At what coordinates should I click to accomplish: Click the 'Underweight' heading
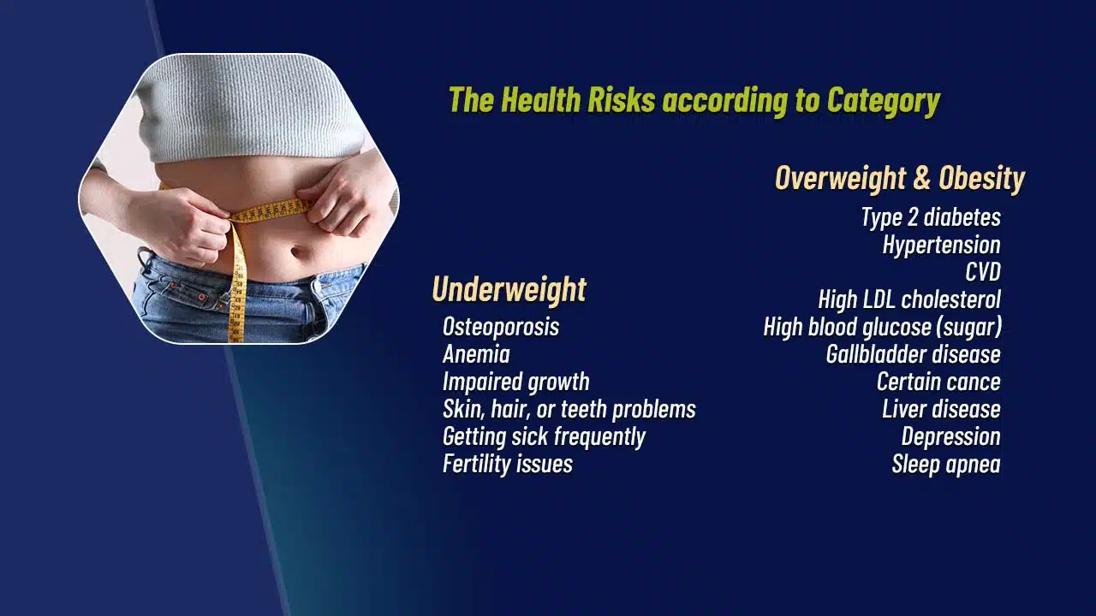pos(509,289)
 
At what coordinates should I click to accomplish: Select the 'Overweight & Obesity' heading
pos(899,178)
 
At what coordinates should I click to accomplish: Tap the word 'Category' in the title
pos(883,100)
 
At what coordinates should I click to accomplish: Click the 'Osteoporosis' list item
pos(501,327)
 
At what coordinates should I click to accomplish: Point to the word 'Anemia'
pos(476,354)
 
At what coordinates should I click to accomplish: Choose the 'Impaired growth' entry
pos(515,382)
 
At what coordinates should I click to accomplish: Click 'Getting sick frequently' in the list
pos(544,436)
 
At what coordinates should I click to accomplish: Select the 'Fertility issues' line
pos(508,464)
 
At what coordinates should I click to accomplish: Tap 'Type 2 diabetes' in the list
pos(931,217)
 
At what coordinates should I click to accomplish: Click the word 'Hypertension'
pos(941,245)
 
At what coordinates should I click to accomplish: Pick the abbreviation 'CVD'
pos(982,272)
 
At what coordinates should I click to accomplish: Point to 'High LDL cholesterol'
pos(909,299)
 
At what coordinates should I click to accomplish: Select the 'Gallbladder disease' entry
pos(913,354)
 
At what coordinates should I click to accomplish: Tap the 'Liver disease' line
pos(941,409)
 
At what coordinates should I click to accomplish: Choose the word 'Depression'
pos(950,436)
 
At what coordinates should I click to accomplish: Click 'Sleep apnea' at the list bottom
pos(946,464)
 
